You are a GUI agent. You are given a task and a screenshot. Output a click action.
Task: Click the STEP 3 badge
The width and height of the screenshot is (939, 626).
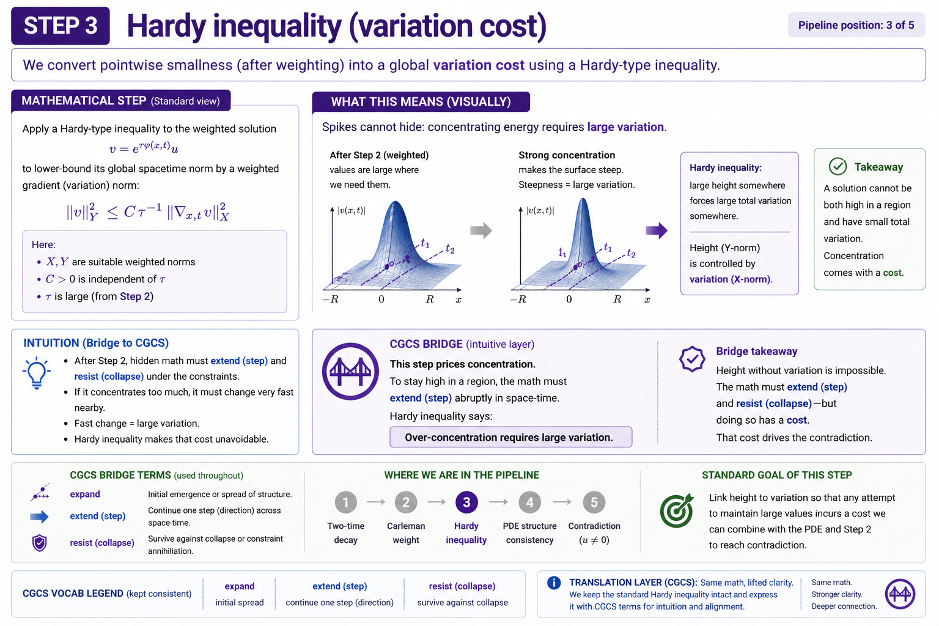(60, 26)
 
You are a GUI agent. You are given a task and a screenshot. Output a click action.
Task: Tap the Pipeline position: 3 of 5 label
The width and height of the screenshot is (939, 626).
(856, 25)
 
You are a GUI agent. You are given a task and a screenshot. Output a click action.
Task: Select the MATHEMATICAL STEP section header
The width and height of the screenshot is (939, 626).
(120, 101)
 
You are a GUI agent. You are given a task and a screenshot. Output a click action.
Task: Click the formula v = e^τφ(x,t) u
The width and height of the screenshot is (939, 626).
(144, 147)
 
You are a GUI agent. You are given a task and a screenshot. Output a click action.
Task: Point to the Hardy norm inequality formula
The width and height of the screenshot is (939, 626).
(147, 212)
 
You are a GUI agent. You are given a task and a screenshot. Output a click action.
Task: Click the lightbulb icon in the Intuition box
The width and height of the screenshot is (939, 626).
(36, 373)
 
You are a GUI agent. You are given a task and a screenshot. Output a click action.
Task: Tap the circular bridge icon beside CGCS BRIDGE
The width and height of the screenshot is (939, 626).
(350, 371)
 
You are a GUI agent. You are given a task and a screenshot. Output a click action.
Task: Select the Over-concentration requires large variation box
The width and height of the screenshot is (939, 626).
(510, 437)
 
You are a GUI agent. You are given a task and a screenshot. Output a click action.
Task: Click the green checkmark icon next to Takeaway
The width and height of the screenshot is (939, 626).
(837, 166)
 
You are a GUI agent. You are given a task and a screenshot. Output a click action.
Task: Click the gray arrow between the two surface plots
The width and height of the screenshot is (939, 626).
(481, 230)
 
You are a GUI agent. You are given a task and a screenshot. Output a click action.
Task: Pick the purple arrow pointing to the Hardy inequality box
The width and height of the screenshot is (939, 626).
(657, 230)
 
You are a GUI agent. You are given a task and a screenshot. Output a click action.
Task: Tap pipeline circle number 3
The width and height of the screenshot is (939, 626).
(466, 503)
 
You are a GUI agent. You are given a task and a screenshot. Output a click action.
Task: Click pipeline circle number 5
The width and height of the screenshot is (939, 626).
(594, 503)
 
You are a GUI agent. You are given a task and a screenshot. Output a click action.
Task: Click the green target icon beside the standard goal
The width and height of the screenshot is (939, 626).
(677, 510)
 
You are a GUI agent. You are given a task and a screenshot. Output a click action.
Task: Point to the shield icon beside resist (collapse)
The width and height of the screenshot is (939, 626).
(40, 543)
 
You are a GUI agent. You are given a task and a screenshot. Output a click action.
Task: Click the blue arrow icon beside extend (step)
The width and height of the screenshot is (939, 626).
(39, 517)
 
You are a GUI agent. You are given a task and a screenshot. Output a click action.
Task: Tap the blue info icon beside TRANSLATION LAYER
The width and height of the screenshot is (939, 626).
(554, 583)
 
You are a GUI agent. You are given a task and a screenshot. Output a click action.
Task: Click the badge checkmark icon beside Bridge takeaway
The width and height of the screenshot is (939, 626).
(692, 359)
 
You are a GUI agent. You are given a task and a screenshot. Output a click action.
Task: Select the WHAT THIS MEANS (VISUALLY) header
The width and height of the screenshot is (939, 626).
(421, 101)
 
